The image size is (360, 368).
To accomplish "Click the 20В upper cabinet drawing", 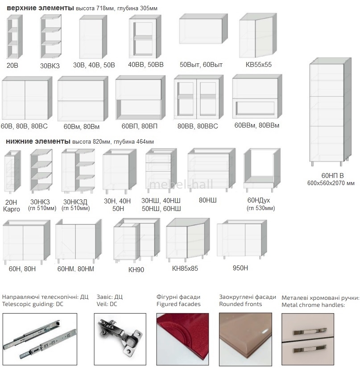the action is (x=14, y=37).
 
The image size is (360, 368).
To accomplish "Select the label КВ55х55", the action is (x=258, y=65).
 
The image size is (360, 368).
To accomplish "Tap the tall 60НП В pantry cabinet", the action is (x=330, y=112).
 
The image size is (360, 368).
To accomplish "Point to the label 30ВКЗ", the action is (x=50, y=66).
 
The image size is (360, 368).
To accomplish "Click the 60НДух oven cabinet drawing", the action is (x=262, y=170).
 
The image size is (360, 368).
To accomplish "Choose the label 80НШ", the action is (x=208, y=200).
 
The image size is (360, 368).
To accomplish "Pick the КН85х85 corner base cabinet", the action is (x=188, y=240).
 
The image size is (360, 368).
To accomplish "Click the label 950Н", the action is (x=240, y=268).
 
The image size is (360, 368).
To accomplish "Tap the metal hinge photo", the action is (x=120, y=339).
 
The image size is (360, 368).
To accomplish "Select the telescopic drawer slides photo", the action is (x=40, y=339).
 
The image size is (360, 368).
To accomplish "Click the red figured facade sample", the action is (x=182, y=339).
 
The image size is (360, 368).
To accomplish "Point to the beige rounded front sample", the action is (x=245, y=339).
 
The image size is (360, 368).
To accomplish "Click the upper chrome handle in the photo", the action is (x=309, y=331).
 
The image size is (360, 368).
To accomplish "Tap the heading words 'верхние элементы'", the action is (x=40, y=8).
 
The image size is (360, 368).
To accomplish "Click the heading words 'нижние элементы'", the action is (x=38, y=141).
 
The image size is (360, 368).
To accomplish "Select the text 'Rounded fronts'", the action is (x=240, y=304).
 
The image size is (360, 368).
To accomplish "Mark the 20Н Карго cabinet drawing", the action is (x=12, y=172).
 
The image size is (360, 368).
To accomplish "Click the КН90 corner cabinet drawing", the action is (x=137, y=240).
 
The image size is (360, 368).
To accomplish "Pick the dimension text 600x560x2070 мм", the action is (x=331, y=183).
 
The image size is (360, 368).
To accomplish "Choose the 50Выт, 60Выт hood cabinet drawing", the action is (x=203, y=29).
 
